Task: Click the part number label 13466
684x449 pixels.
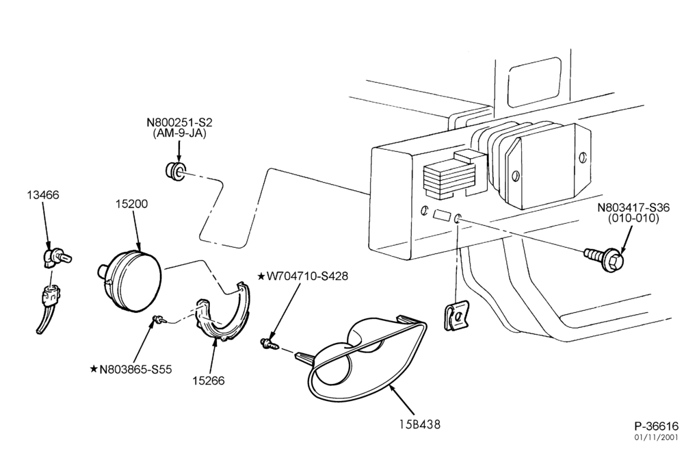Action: tap(42, 194)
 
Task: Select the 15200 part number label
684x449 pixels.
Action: tap(132, 204)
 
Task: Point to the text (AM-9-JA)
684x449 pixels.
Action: tap(179, 133)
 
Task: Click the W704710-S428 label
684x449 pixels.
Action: tap(308, 277)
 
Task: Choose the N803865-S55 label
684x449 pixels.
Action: tap(135, 369)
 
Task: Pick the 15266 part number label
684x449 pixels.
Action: tap(209, 381)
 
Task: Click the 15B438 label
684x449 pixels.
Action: tap(420, 424)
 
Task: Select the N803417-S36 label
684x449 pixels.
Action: tap(633, 207)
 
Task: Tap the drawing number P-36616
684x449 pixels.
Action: tap(657, 426)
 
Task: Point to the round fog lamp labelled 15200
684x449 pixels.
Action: tap(129, 280)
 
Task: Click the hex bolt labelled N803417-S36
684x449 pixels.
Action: tap(605, 258)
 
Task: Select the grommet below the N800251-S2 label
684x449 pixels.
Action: tap(175, 171)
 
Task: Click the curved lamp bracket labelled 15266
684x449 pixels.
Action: tap(224, 313)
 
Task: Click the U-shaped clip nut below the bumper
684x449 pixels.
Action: tap(456, 317)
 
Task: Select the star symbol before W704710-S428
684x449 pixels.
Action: tap(261, 277)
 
